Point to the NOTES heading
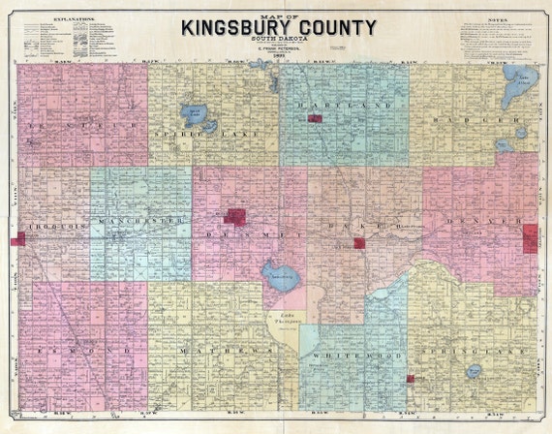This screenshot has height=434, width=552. (x=498, y=19)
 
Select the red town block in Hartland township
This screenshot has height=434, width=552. (x=314, y=118)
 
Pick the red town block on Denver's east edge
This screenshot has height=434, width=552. (x=530, y=237)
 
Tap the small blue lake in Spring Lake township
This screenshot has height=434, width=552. (x=474, y=371)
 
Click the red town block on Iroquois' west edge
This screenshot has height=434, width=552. (x=17, y=238)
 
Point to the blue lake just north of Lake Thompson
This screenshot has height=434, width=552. (x=278, y=277)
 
